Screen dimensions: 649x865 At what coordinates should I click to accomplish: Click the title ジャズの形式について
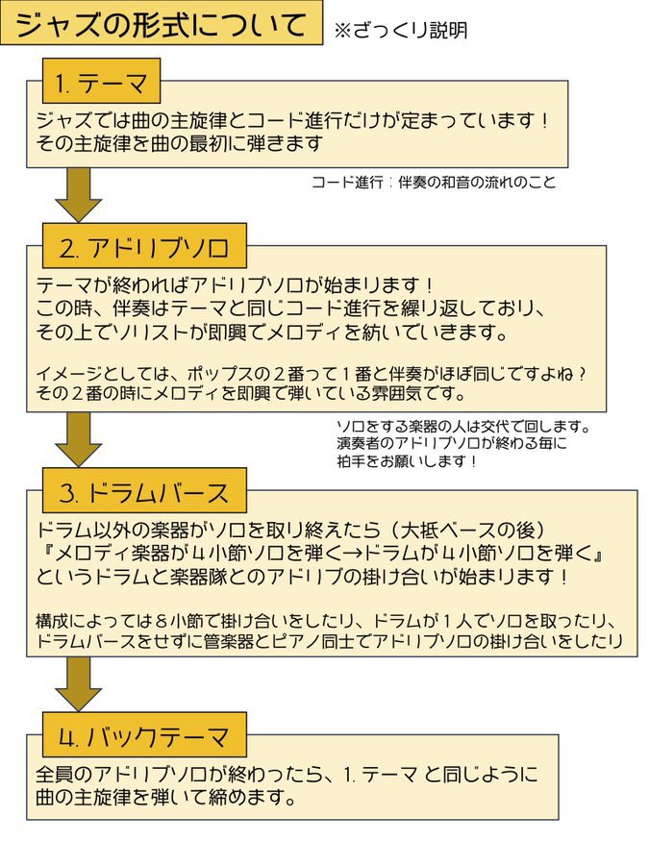161,24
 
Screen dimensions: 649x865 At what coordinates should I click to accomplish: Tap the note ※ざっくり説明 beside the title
401,30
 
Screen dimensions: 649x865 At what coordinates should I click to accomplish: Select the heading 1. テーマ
102,84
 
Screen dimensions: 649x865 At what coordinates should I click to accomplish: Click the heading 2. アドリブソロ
144,248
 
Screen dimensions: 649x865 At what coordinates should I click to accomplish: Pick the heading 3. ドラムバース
144,493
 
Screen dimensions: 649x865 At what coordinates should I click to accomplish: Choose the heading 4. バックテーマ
144,737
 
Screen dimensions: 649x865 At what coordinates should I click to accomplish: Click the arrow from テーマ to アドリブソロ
79,195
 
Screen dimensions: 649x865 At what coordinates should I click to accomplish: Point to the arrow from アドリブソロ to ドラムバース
79,439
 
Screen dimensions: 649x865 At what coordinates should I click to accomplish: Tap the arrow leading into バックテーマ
79,684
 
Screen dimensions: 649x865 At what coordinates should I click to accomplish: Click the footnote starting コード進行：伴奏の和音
434,182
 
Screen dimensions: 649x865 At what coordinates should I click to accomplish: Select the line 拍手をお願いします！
407,461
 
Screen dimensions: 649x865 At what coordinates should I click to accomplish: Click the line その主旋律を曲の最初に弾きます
180,143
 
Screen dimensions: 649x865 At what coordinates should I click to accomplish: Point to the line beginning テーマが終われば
235,285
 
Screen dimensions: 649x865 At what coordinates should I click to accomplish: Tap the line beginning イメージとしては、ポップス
312,374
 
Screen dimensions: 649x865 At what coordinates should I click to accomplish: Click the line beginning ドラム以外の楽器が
290,531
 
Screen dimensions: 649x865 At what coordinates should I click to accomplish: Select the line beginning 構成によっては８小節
326,621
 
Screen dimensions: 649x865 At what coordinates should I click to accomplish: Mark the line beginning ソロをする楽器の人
463,427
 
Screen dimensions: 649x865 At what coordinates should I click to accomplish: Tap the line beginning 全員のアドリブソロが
287,775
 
